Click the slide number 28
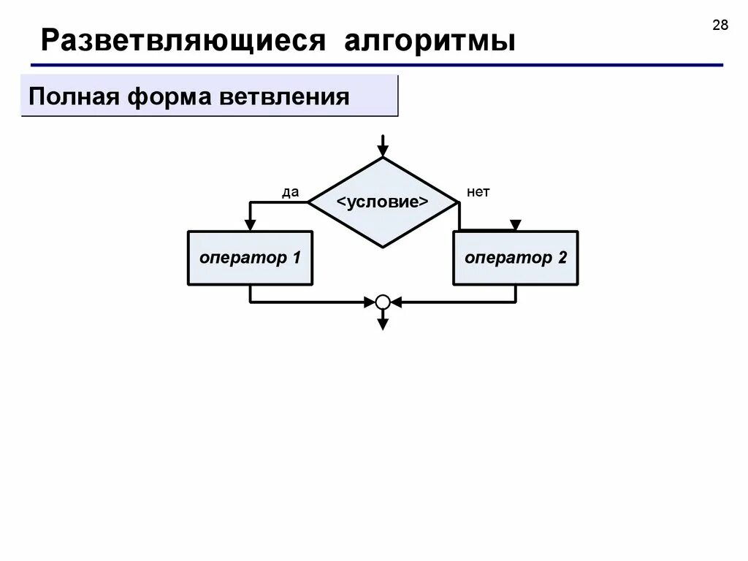click(720, 26)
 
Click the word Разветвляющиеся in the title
click(183, 40)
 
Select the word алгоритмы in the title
click(430, 40)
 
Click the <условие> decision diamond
click(382, 202)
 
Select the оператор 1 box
click(251, 258)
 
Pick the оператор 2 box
click(516, 258)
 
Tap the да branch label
click(291, 192)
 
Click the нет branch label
click(478, 192)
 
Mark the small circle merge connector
click(383, 301)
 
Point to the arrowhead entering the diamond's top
click(382, 151)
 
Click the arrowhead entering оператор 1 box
click(251, 225)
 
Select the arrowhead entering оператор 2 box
click(516, 225)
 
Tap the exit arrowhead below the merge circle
click(383, 324)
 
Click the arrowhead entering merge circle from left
click(369, 301)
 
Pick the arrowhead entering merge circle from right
click(397, 301)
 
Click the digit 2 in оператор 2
click(562, 258)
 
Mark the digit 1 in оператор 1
click(296, 258)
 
